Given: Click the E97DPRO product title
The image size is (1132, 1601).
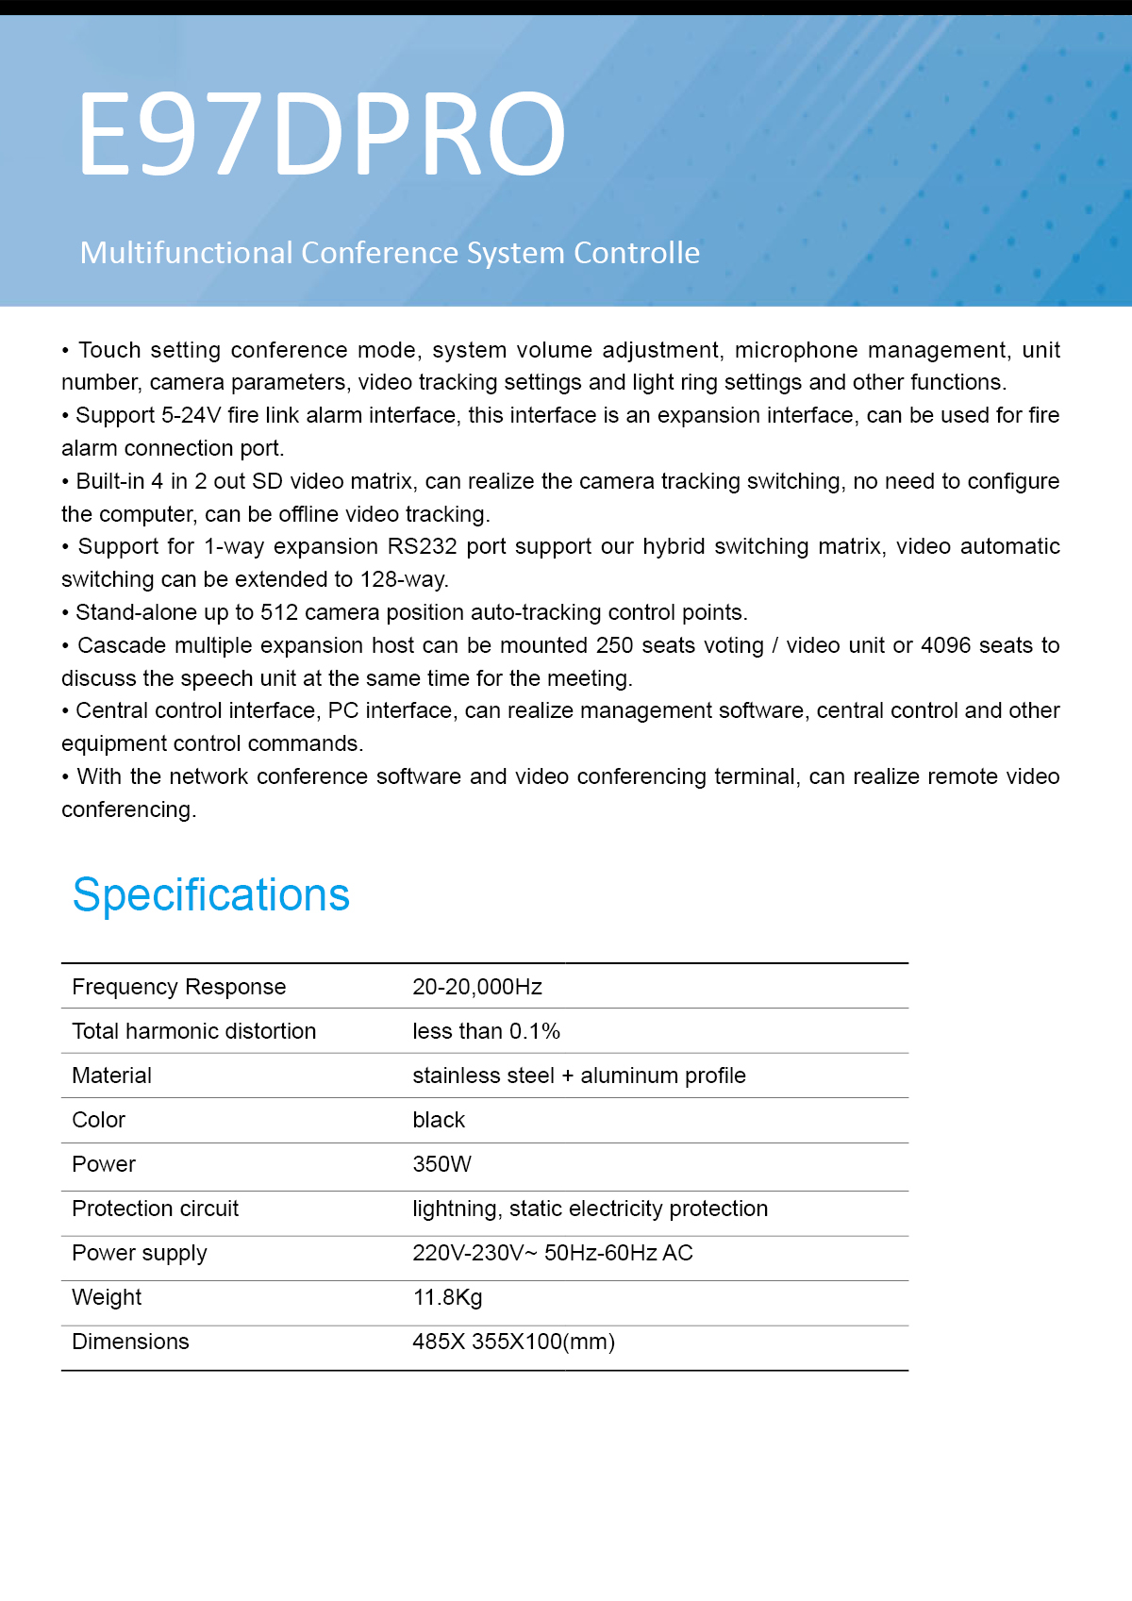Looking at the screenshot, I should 321,133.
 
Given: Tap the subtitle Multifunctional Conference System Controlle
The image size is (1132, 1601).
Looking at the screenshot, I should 390,253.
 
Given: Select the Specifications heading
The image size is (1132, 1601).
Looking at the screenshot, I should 211,894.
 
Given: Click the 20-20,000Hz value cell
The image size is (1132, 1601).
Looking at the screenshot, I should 477,987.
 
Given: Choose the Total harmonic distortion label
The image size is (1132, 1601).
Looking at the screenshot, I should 194,1031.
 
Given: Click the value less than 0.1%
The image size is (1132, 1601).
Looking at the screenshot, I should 486,1031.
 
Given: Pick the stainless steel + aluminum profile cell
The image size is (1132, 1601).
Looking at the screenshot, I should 579,1076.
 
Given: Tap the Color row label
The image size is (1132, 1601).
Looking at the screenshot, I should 99,1120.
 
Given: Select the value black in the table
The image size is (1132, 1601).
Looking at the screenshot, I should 439,1120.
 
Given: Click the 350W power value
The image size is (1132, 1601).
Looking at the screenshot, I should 441,1164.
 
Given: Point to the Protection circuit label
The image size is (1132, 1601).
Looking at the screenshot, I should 156,1209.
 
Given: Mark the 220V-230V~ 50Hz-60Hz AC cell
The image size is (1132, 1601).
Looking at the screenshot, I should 553,1253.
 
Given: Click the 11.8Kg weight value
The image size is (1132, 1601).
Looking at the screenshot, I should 448,1297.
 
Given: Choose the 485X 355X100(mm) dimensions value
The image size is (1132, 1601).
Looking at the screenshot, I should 514,1342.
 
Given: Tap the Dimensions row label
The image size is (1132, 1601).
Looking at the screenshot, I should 131,1342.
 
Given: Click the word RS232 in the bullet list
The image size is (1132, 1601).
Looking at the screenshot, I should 423,547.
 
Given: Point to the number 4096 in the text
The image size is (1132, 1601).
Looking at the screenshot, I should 945,645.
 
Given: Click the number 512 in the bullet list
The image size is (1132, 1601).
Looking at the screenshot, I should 279,613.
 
